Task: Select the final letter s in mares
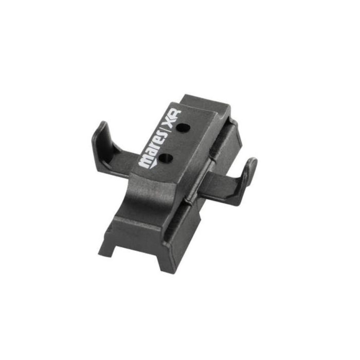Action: click(x=161, y=136)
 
